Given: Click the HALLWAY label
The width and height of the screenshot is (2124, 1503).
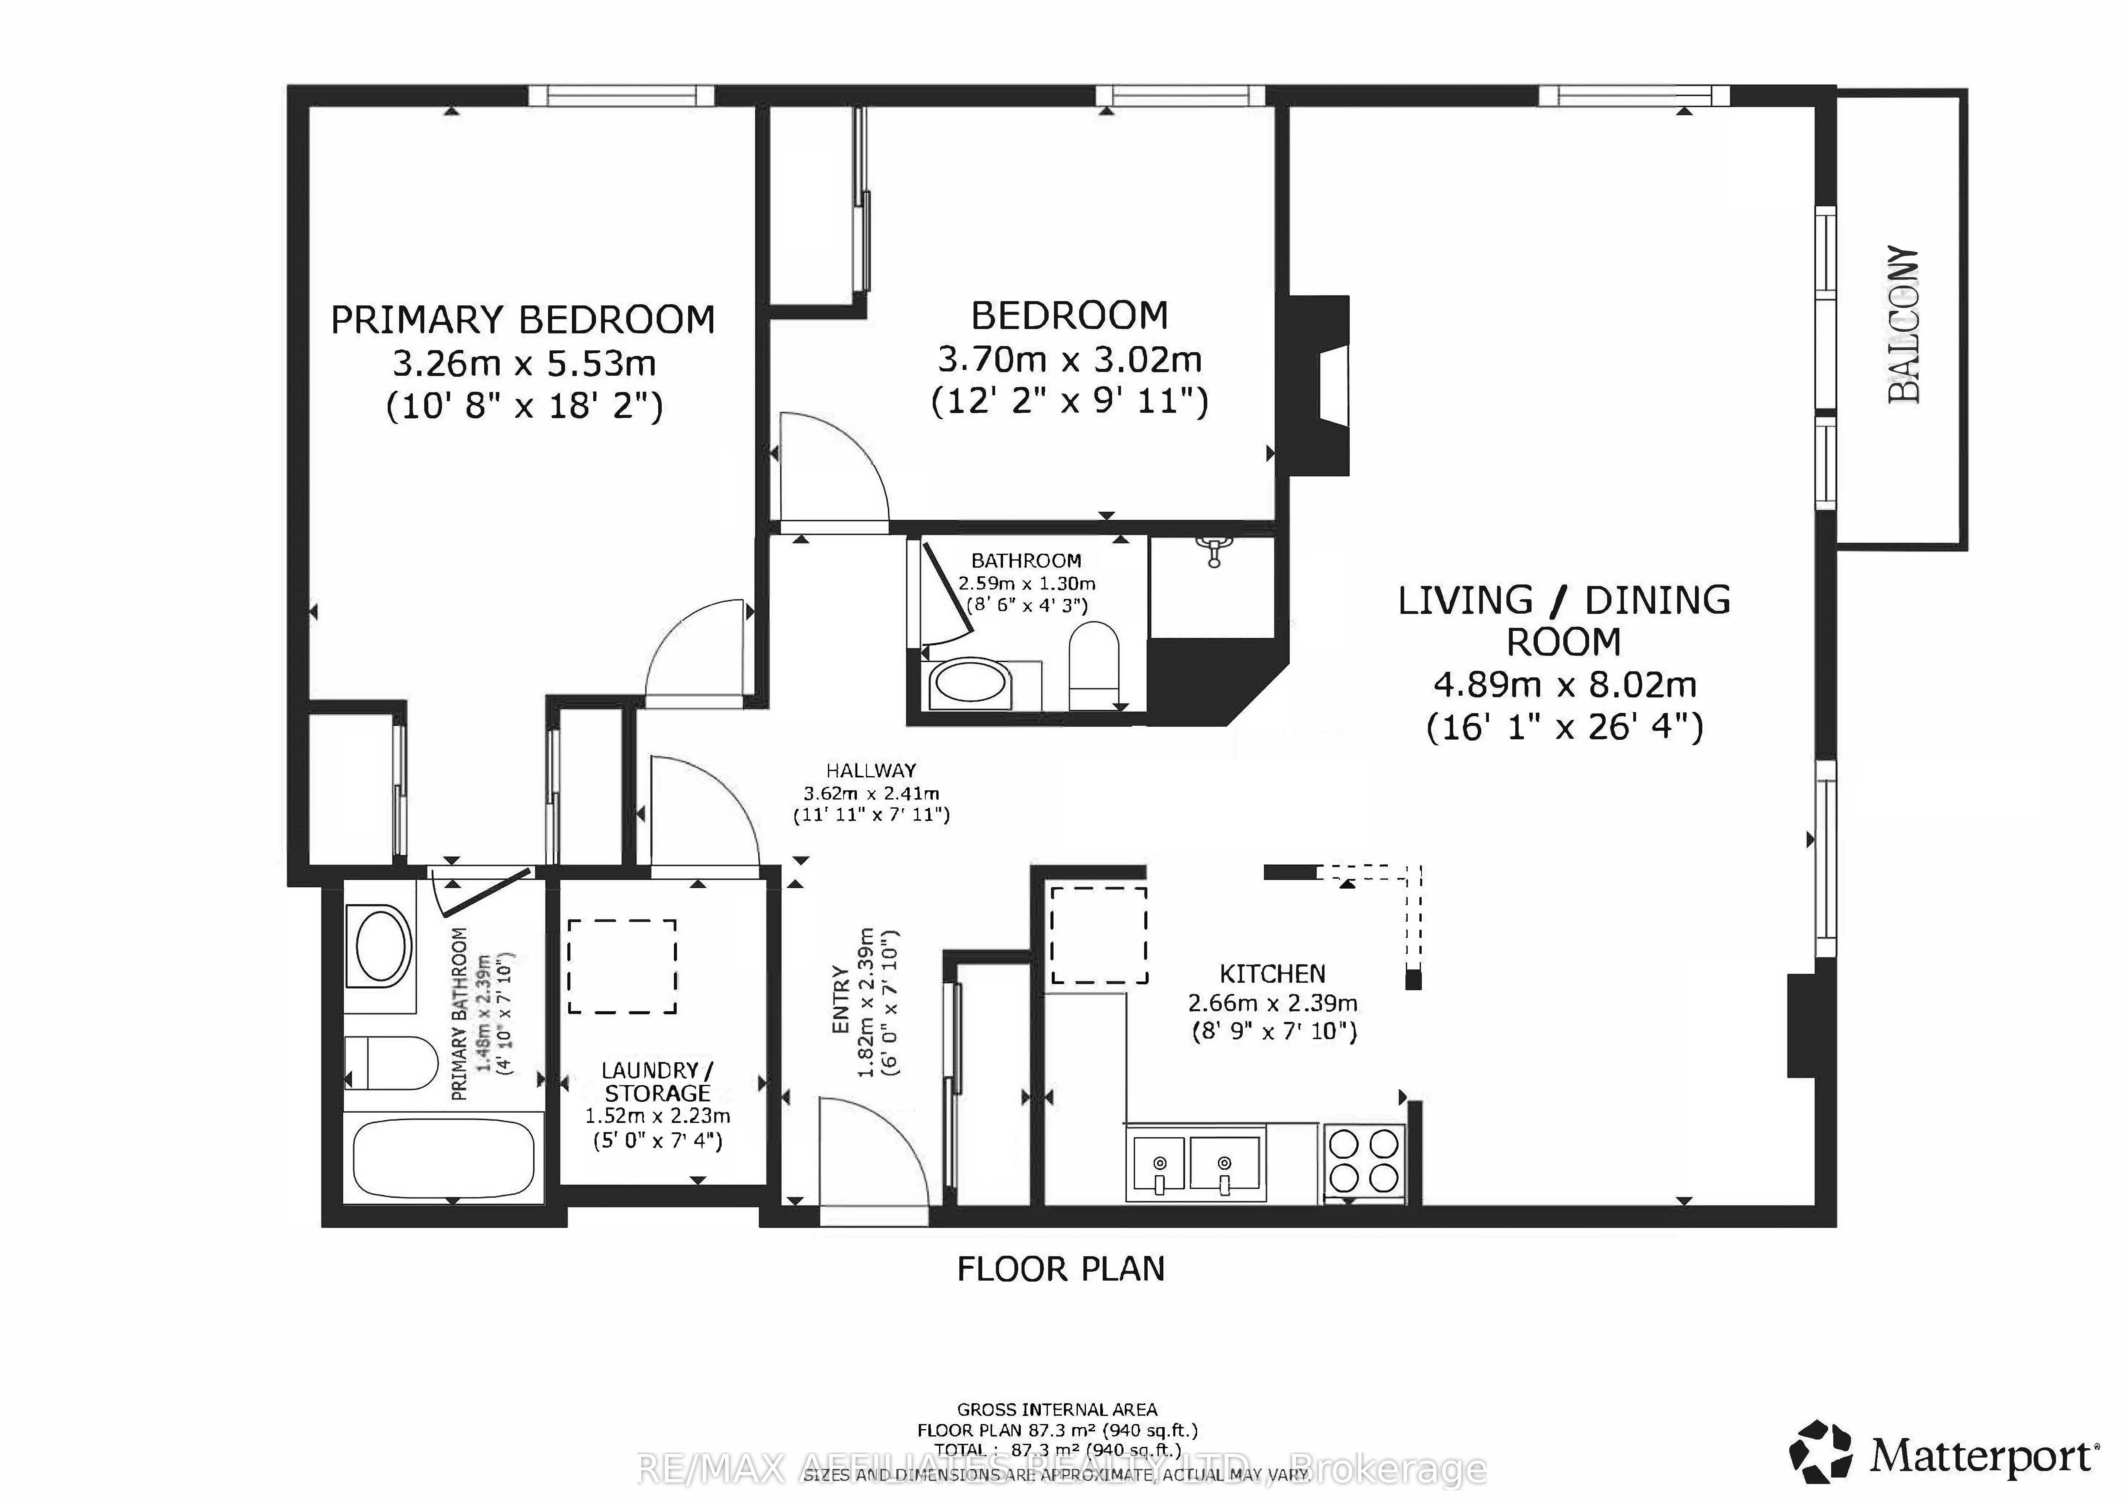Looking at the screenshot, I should click(871, 770).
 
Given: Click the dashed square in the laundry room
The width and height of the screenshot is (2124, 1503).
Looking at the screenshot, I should click(622, 966).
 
